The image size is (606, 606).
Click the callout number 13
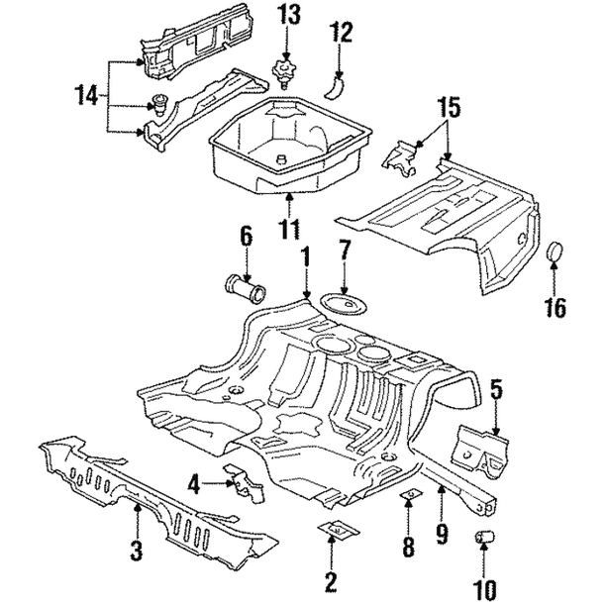[x=288, y=16]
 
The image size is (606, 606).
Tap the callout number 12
[x=341, y=33]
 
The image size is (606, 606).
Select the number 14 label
[x=86, y=95]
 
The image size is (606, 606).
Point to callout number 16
[x=555, y=308]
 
